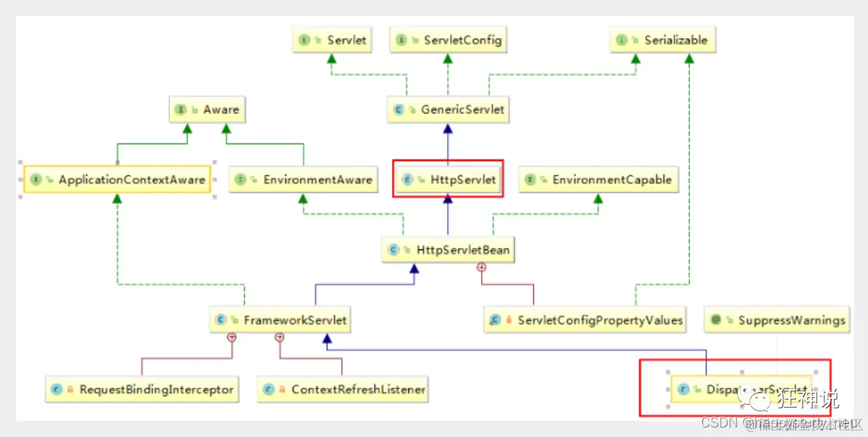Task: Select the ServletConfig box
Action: tap(449, 40)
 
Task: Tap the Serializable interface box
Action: tap(663, 40)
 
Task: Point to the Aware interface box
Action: tap(206, 110)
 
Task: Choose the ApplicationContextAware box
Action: tap(117, 180)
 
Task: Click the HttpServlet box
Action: tap(449, 180)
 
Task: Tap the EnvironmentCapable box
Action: tap(598, 180)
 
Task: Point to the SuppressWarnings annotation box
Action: tap(777, 320)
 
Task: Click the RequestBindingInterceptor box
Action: tap(142, 389)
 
